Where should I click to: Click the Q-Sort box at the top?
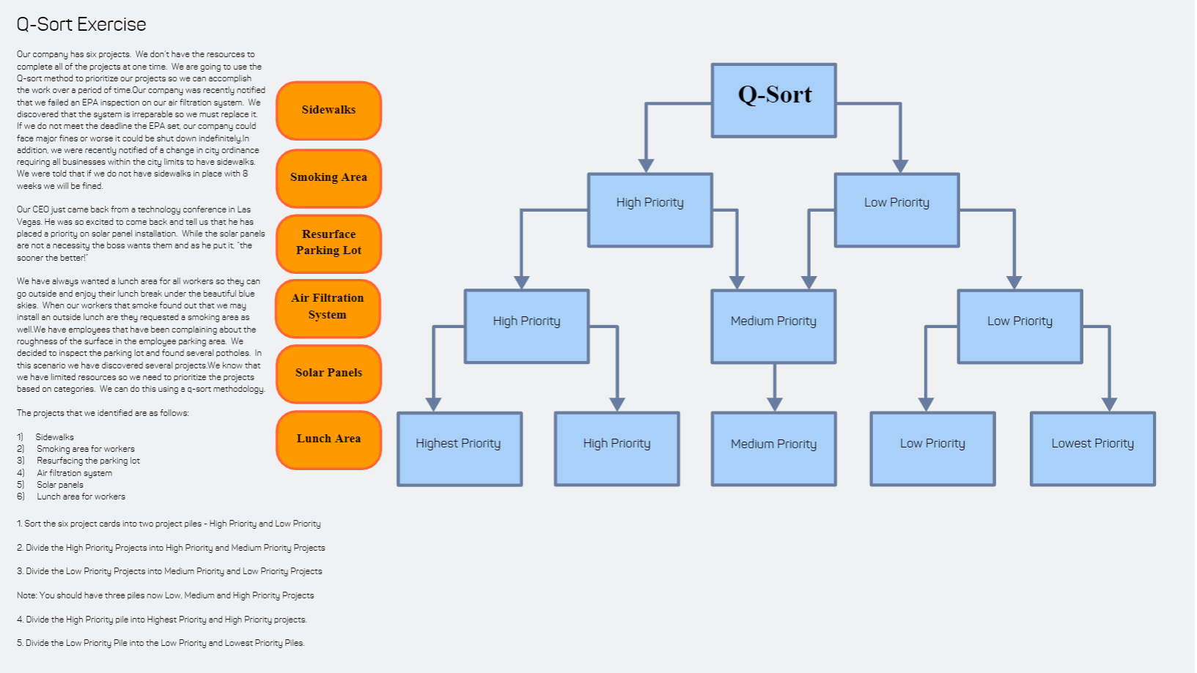click(x=773, y=100)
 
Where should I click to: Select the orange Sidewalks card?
click(x=328, y=110)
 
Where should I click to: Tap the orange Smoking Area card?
click(x=328, y=178)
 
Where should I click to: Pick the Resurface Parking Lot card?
click(x=328, y=242)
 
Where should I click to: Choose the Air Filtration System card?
click(x=328, y=307)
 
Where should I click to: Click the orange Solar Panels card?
click(x=328, y=373)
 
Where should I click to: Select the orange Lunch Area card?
click(x=328, y=439)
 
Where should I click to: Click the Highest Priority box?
click(x=459, y=448)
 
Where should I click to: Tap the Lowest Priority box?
click(x=1092, y=448)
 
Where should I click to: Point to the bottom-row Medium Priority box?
click(x=773, y=448)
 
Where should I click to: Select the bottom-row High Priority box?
click(x=616, y=448)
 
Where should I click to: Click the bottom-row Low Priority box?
click(x=932, y=448)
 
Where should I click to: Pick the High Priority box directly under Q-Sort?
click(x=649, y=209)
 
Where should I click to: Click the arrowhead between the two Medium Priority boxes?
click(x=775, y=404)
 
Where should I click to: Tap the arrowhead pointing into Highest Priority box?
click(x=433, y=404)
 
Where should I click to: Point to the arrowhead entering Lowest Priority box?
click(x=1109, y=404)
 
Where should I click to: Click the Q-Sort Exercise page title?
click(x=81, y=25)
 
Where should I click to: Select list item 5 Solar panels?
click(x=59, y=485)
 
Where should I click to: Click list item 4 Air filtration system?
click(x=74, y=473)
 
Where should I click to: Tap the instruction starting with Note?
click(x=165, y=595)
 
